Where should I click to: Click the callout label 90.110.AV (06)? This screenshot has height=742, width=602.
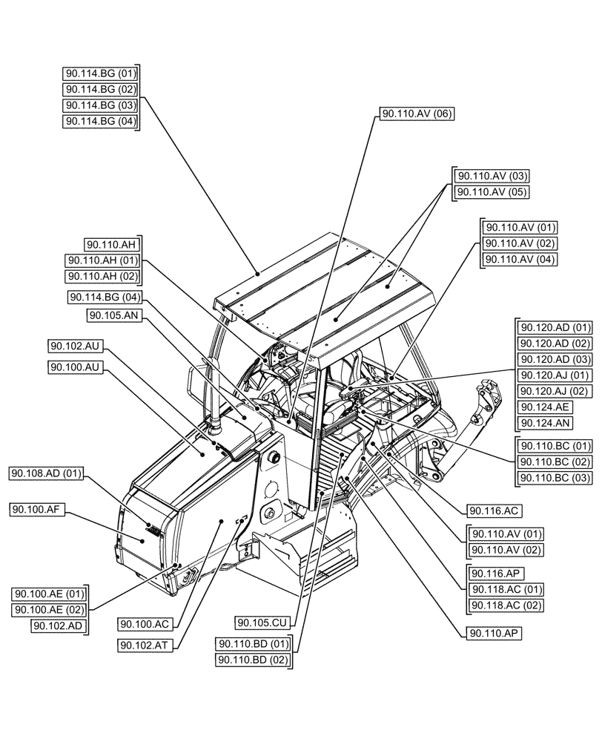tap(417, 114)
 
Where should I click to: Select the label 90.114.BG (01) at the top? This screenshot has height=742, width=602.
tap(102, 73)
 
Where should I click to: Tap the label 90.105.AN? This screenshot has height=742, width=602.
tap(113, 315)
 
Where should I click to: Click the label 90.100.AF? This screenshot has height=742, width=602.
tap(37, 509)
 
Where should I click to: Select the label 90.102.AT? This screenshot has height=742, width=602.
tap(145, 645)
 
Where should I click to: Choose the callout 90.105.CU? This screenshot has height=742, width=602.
tap(263, 622)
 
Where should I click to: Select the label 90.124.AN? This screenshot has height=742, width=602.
tap(544, 424)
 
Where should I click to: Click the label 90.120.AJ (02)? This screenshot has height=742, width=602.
tap(555, 391)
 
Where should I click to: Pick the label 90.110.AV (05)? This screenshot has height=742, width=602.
tap(492, 191)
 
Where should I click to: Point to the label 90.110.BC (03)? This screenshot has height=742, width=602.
tap(555, 477)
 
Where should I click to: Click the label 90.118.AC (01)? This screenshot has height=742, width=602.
tap(507, 589)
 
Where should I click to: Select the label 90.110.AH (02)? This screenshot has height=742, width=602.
tap(103, 276)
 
